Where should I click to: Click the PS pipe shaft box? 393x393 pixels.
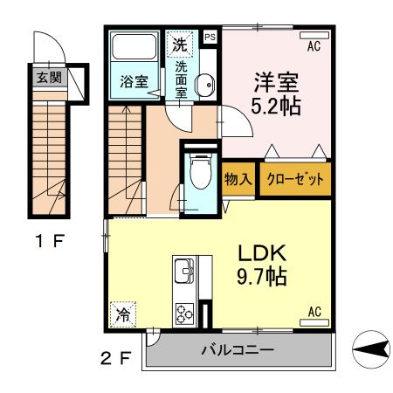(x=210, y=38)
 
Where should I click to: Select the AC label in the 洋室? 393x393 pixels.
(x=314, y=38)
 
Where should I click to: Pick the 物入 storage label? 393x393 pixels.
(x=238, y=180)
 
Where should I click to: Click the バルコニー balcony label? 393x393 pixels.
(x=238, y=351)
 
